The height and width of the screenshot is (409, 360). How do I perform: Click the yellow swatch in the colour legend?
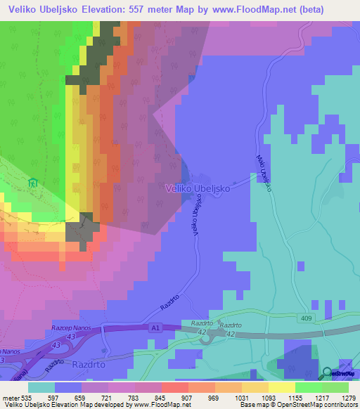coord(282,387)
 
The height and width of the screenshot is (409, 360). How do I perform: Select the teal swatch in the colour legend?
coord(41,387)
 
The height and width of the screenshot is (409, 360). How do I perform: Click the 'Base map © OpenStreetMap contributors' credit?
coord(297,405)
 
